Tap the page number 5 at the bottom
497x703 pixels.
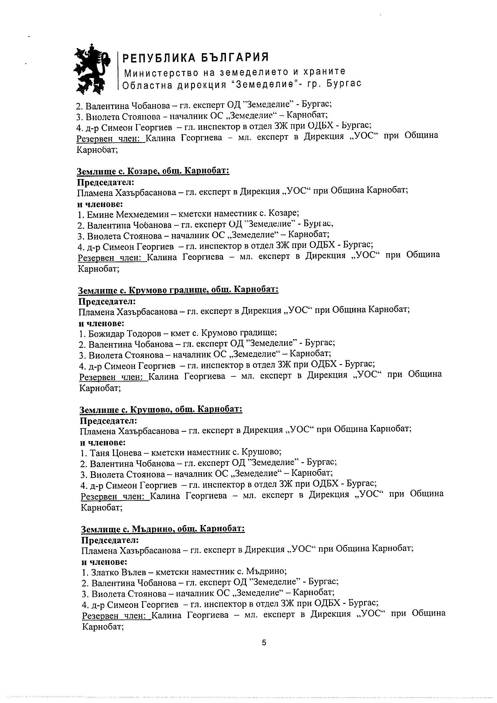(x=264, y=643)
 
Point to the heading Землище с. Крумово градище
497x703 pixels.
(x=178, y=290)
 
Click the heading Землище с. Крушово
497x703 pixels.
(x=161, y=409)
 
